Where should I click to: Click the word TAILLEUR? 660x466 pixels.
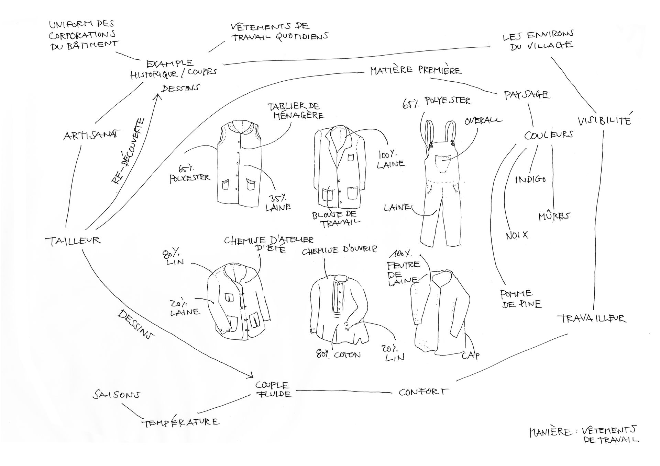point(73,241)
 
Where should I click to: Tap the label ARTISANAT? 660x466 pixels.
point(90,135)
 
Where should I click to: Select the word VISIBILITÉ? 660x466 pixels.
point(604,120)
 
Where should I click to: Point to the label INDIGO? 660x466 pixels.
point(530,179)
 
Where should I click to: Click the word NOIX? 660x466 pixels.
point(517,235)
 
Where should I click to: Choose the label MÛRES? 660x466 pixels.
point(554,216)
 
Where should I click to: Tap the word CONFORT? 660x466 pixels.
point(423,392)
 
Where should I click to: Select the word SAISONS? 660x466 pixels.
point(116,395)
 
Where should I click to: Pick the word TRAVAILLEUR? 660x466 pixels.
point(591,319)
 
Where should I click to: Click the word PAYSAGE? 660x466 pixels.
point(526,95)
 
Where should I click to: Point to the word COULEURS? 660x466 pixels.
point(549,135)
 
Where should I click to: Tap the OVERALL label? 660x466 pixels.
point(483,121)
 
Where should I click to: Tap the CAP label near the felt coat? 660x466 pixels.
point(470,355)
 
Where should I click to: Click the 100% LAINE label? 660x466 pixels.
point(390,160)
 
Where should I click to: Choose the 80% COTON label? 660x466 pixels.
point(338,354)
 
